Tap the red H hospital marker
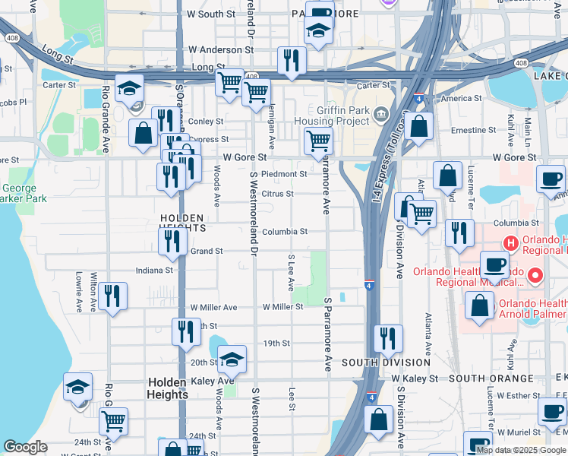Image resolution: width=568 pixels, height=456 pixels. [511, 244]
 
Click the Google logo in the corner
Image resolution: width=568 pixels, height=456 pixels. [25, 448]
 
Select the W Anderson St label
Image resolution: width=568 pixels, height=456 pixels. [221, 49]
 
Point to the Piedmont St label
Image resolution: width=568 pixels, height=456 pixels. [283, 174]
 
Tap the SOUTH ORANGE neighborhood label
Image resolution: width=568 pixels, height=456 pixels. [491, 378]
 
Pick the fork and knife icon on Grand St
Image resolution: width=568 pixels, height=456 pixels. [173, 242]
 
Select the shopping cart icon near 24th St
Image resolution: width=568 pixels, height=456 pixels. [113, 420]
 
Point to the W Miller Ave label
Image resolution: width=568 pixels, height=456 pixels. [213, 307]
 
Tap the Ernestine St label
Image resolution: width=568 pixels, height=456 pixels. [473, 130]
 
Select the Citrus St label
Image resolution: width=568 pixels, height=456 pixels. [277, 194]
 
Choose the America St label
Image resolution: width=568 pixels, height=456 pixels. [462, 99]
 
